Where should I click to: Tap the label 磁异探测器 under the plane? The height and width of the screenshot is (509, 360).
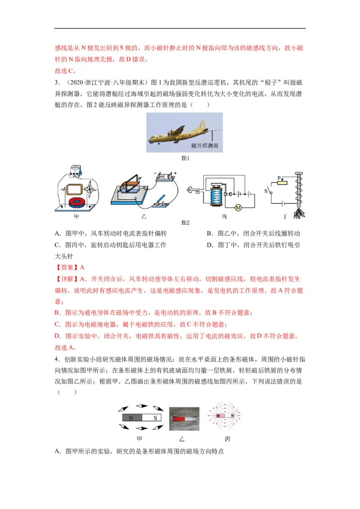pyautogui.click(x=204, y=146)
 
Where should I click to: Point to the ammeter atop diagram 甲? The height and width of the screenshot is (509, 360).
pyautogui.click(x=79, y=170)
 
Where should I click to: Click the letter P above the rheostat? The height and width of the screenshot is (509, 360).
pyautogui.click(x=279, y=177)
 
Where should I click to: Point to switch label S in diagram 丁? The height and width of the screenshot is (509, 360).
pyautogui.click(x=266, y=191)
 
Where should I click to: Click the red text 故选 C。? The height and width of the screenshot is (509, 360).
pyautogui.click(x=66, y=71)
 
